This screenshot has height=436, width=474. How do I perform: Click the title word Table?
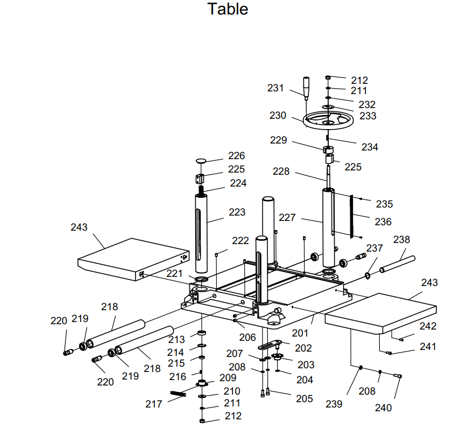pyautogui.click(x=228, y=9)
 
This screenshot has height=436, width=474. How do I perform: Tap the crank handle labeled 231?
pyautogui.click(x=307, y=88)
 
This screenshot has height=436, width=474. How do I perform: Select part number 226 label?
pyautogui.click(x=236, y=156)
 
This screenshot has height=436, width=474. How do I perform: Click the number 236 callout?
pyautogui.click(x=383, y=221)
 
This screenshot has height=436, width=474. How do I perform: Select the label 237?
pyautogui.click(x=374, y=248)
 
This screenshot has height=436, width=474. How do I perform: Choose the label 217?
pyautogui.click(x=154, y=403)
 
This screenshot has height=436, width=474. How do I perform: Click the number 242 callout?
pyautogui.click(x=428, y=326)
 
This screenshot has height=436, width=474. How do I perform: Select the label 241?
pyautogui.click(x=428, y=347)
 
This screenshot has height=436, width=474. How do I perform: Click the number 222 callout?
pyautogui.click(x=240, y=240)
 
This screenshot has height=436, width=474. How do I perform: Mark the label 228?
pyautogui.click(x=281, y=171)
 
